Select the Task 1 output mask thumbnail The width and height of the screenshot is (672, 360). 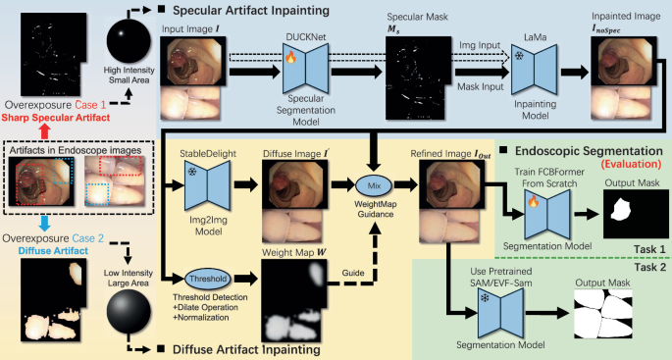click(624, 206)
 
